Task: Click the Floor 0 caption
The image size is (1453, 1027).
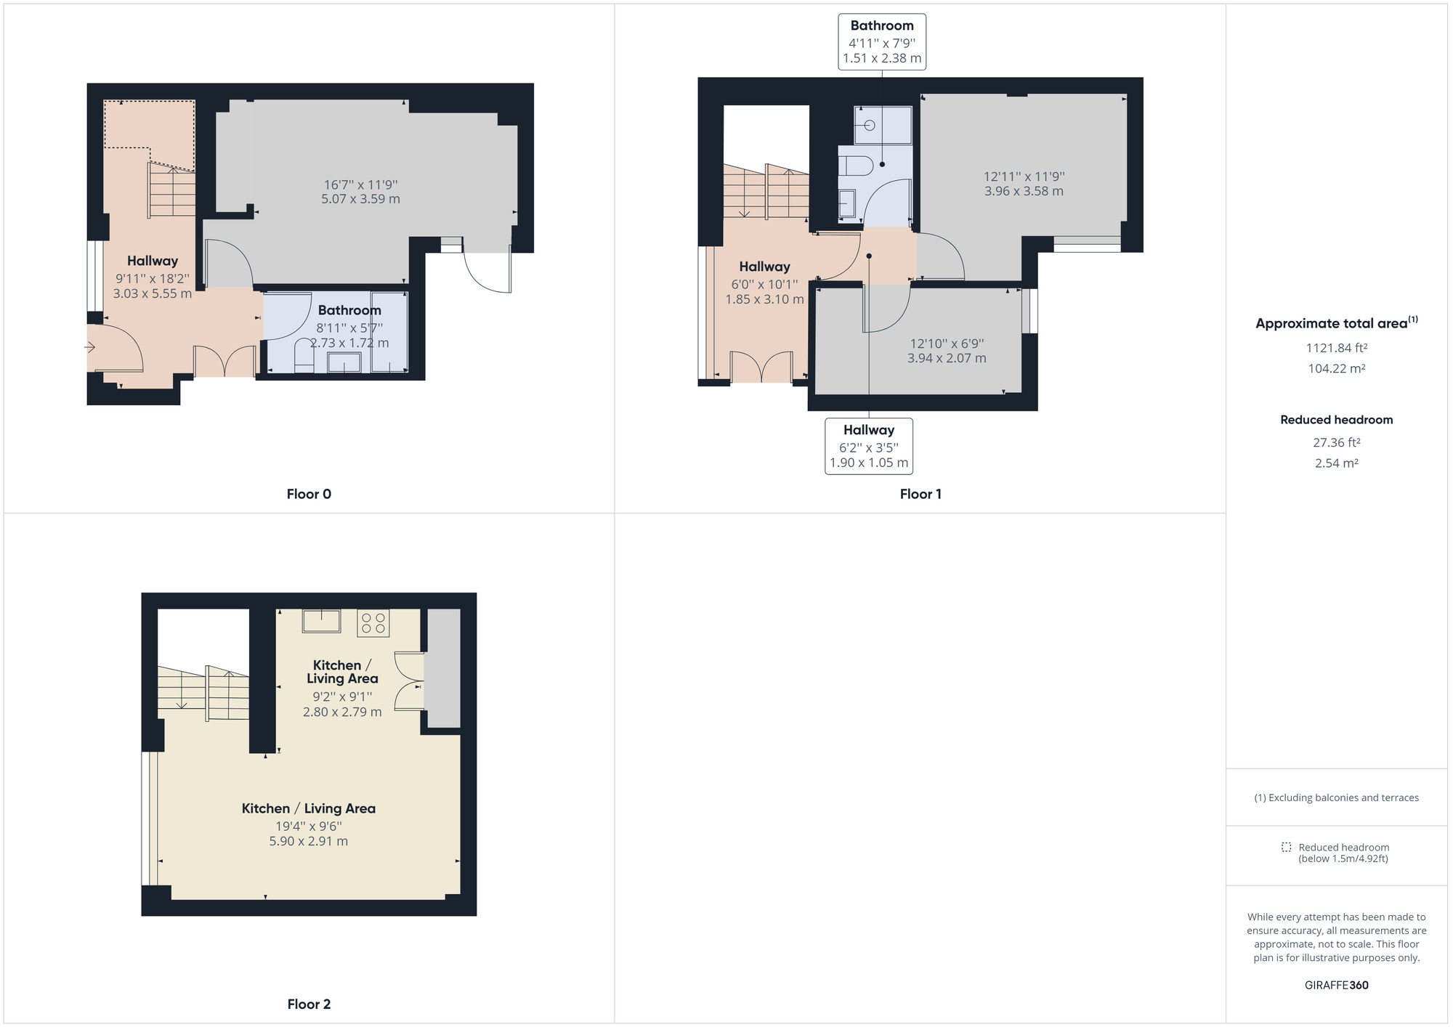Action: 309,494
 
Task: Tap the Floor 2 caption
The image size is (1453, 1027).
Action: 309,1004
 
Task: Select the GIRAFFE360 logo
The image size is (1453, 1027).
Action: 1336,985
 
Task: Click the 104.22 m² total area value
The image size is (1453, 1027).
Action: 1336,368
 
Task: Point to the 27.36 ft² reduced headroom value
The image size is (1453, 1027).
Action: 1336,442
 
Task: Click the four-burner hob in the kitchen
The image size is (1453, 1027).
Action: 373,623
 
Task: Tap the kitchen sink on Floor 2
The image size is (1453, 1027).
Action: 321,621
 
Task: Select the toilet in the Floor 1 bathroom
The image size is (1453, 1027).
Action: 856,166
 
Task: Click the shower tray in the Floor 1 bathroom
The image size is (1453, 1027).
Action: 883,125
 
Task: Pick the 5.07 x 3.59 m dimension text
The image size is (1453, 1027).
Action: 360,199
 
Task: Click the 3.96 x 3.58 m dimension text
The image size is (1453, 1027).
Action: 1024,191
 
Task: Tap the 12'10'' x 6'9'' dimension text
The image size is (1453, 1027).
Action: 947,344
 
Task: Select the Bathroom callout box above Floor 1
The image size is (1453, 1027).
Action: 882,41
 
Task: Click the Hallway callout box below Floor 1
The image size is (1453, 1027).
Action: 869,446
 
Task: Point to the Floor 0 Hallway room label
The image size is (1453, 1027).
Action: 153,261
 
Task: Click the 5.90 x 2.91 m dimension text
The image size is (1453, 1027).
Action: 309,841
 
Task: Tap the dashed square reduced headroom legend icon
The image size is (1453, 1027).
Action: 1286,847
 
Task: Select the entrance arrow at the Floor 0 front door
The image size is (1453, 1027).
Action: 90,348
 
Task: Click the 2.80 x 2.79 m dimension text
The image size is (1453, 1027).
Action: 342,712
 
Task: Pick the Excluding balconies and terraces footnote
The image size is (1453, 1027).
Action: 1336,797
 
